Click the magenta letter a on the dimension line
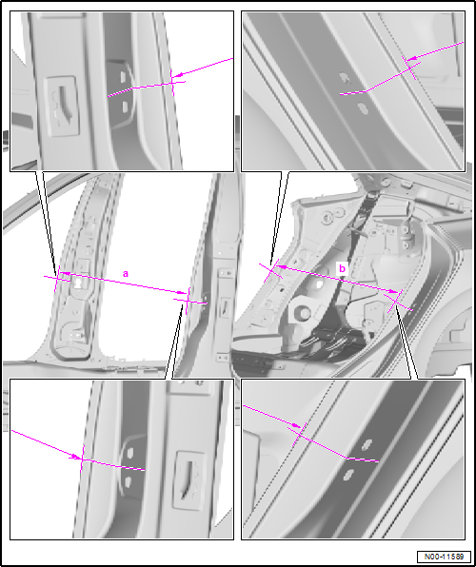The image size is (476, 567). pos(126,274)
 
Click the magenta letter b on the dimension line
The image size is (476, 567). pos(342,268)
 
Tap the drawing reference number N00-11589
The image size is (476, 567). pos(444,557)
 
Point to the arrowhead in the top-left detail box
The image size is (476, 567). pos(176,75)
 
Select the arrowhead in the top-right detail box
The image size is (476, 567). pos(410,58)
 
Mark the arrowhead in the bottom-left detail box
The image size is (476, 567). pos(77,457)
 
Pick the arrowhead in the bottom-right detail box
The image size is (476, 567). pos(297,425)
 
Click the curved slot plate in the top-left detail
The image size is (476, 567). pos(62,107)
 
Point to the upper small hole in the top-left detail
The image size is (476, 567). pos(123,76)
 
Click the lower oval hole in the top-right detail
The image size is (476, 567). pos(363,108)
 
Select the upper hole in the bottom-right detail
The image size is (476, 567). pos(367,444)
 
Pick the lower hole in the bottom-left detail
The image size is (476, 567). pos(128,481)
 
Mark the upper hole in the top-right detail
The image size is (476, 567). pos(344,78)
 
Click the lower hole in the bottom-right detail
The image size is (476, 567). pos(348,475)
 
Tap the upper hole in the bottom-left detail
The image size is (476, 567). pos(130,453)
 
